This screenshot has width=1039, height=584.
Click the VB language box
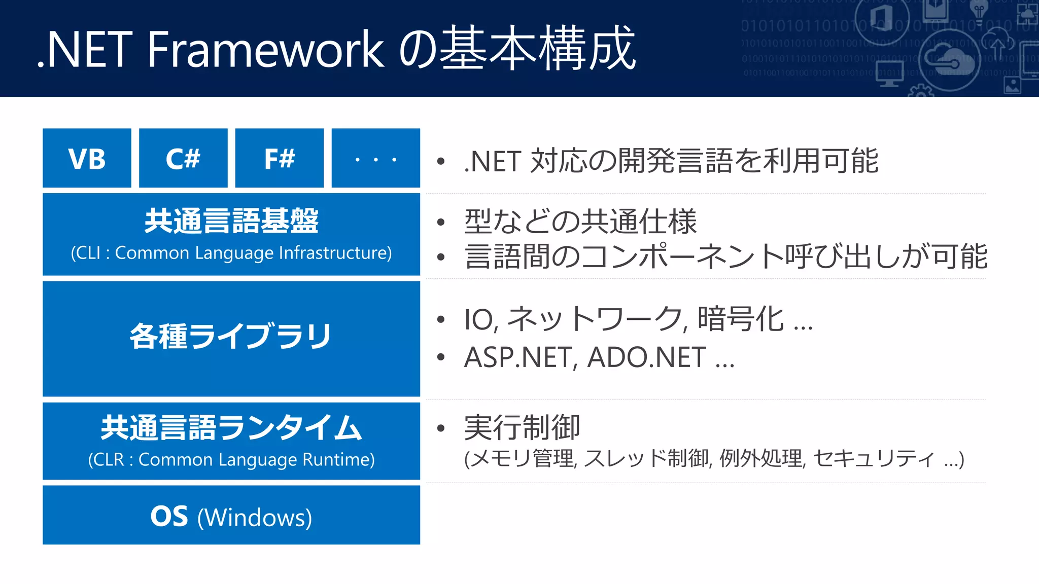(x=87, y=158)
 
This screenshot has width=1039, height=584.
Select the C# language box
(x=183, y=158)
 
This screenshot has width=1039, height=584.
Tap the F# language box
(x=280, y=158)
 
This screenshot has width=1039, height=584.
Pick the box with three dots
(x=375, y=158)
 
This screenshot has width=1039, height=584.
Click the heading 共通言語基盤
(x=231, y=221)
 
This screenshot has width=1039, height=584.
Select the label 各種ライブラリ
(x=231, y=336)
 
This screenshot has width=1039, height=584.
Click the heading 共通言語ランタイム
(x=231, y=427)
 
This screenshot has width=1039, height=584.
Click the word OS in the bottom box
(x=169, y=516)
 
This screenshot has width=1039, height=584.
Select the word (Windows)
(x=255, y=518)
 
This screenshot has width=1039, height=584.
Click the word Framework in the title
(x=265, y=49)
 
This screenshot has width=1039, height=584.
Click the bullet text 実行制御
(x=522, y=427)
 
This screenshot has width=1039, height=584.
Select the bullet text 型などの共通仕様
(x=580, y=222)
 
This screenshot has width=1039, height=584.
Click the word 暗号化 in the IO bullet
(x=741, y=319)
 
